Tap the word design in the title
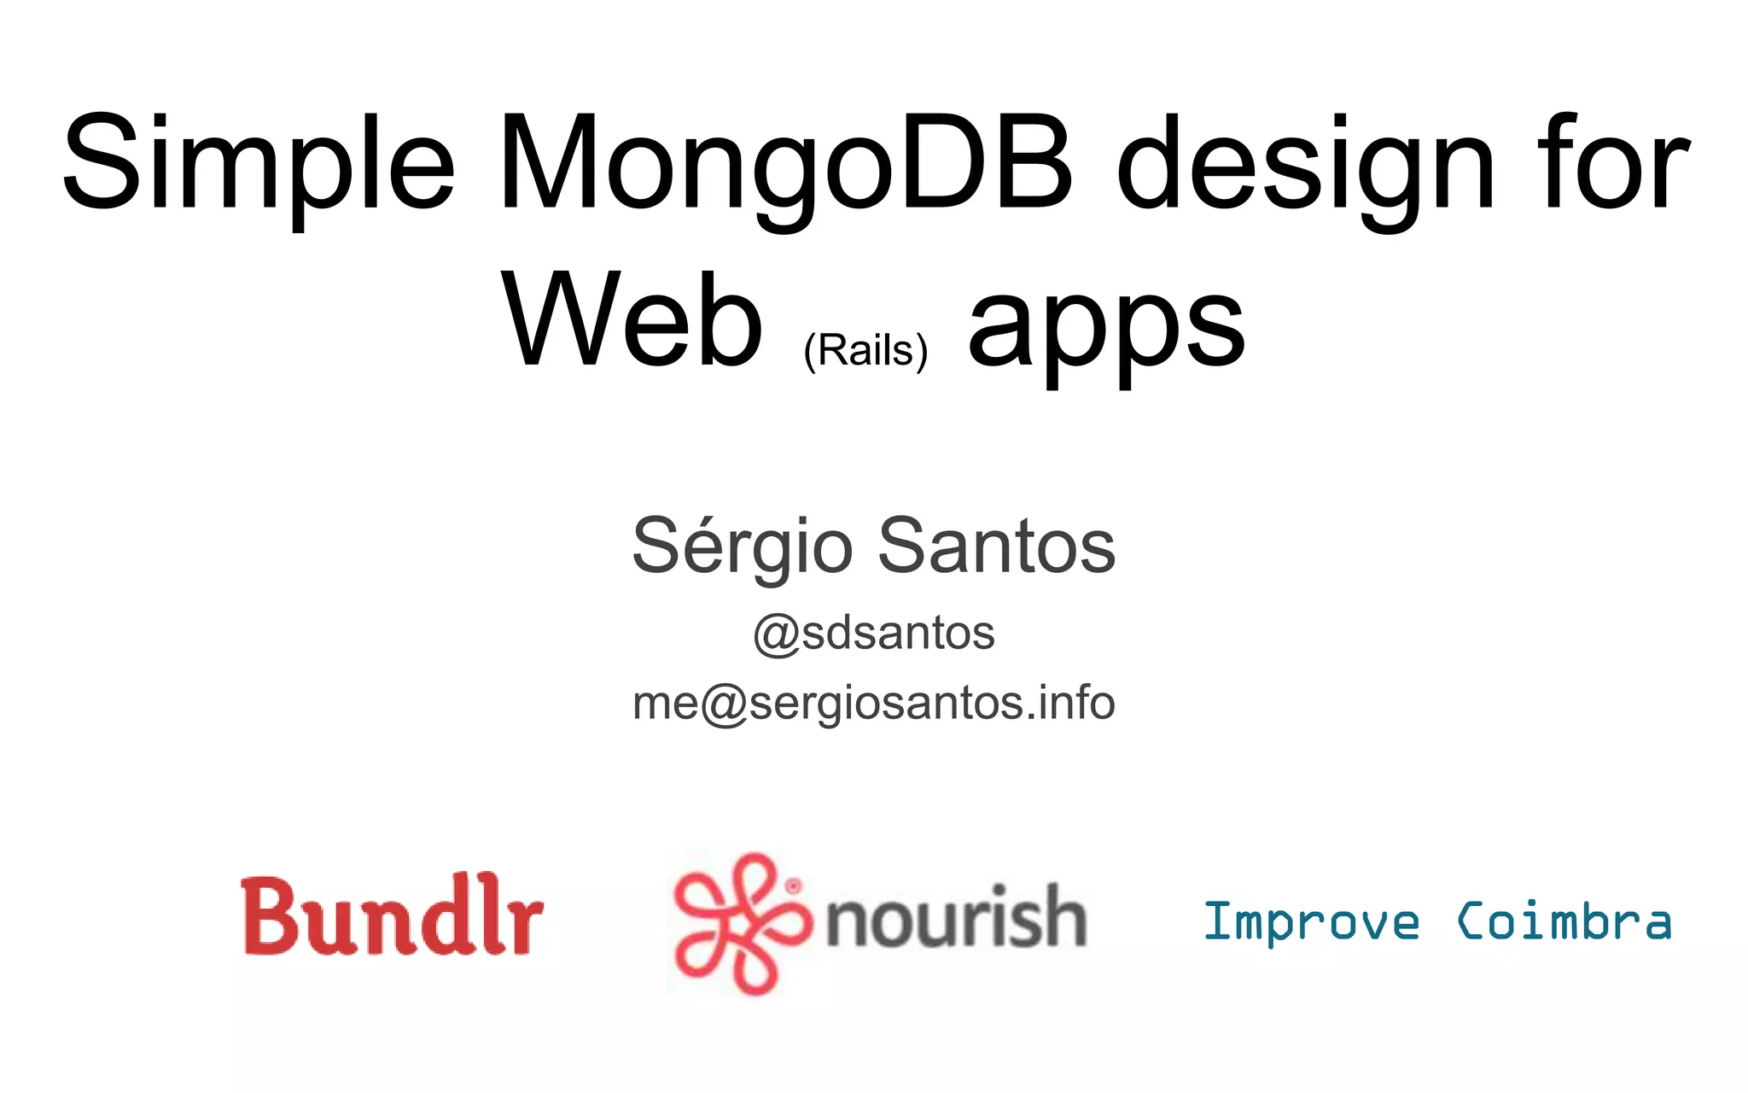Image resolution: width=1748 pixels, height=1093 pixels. [x=1306, y=164]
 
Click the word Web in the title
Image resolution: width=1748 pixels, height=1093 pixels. [x=632, y=320]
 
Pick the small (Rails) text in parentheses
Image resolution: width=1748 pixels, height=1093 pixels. [x=865, y=350]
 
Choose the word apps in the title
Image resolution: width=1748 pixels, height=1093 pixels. [x=1106, y=329]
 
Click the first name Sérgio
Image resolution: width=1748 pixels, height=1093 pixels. [x=742, y=546]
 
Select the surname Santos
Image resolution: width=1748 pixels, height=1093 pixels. [x=996, y=546]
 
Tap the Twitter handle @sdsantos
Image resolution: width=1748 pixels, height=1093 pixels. [x=874, y=634]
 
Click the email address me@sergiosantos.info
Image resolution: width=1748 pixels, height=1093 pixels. [x=874, y=704]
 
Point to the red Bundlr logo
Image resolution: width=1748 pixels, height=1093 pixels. [x=392, y=915]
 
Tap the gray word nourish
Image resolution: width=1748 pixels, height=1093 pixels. [x=956, y=918]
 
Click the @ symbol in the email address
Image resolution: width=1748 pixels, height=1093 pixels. [x=724, y=705]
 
